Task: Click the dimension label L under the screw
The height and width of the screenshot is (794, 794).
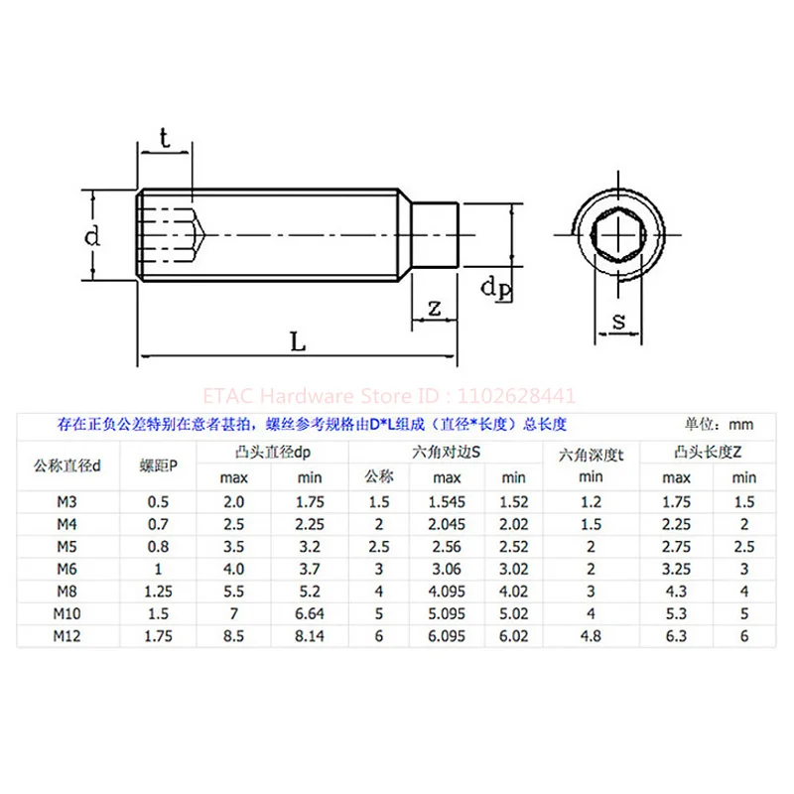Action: pos(297,340)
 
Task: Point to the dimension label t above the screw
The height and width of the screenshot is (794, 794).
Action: pos(165,139)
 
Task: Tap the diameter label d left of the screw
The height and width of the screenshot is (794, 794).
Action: pos(91,236)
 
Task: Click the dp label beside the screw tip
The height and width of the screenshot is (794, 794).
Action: pos(493,288)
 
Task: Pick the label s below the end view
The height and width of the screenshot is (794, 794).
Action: pos(617,320)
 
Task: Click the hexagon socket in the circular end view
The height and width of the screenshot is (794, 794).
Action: pos(616,237)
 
